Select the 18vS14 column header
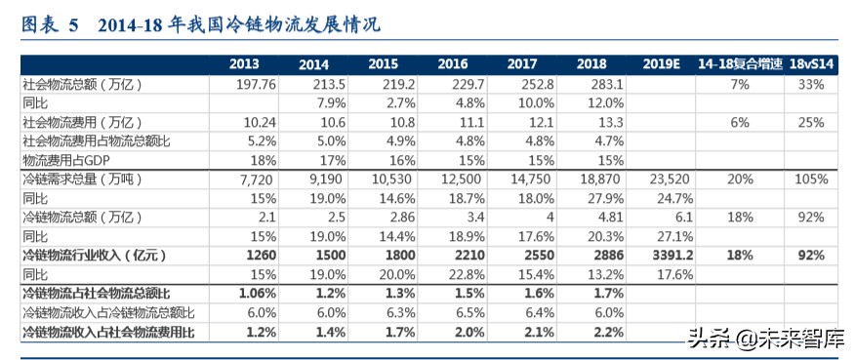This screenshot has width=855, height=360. click(812, 64)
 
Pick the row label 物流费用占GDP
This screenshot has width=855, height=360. click(60, 159)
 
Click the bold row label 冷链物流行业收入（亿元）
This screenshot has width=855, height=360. click(94, 255)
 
